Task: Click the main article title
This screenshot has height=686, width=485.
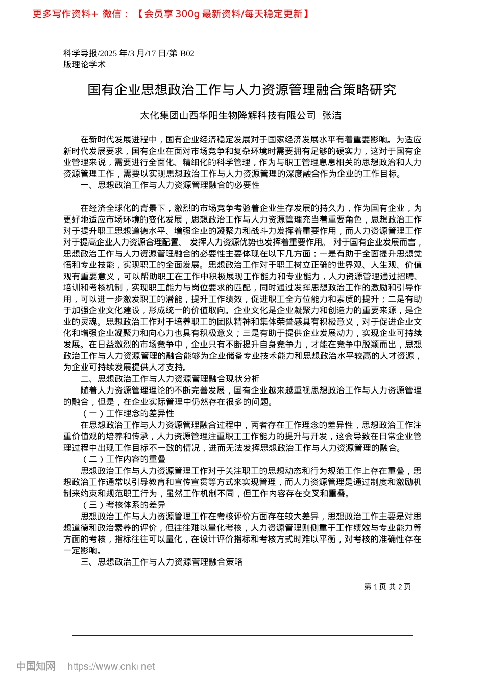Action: pos(242,90)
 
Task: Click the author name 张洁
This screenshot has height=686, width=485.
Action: pos(332,116)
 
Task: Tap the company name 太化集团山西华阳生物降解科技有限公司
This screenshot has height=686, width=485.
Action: pos(228,116)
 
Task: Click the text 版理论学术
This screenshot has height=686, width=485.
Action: pos(84,64)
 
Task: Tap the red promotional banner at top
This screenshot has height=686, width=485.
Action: pos(171,14)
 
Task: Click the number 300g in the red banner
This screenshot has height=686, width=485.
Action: pos(187,14)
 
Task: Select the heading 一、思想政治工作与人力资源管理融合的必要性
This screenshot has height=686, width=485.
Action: pos(170,185)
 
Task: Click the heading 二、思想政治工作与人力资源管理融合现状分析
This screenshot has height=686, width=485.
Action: pos(170,379)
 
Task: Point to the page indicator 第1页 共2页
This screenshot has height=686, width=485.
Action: pos(387,587)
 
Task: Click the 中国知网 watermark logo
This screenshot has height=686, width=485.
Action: pos(36,666)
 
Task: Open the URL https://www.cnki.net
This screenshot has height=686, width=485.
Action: pos(111,666)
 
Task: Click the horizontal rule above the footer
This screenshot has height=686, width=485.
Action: pos(242,635)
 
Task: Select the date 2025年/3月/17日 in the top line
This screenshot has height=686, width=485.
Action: pos(132,53)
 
